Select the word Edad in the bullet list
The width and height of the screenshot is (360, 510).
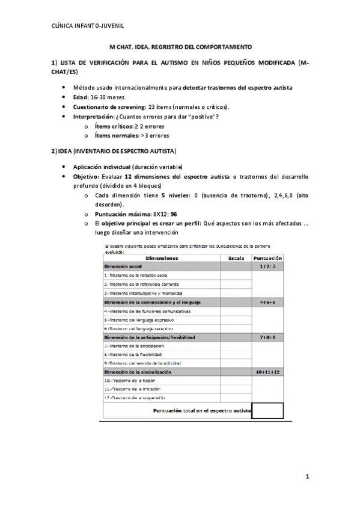(80, 97)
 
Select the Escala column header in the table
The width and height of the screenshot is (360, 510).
(236, 257)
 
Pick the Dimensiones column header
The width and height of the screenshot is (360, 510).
(162, 257)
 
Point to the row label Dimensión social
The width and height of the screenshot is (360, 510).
(123, 265)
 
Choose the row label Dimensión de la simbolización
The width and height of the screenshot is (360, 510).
(138, 372)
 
